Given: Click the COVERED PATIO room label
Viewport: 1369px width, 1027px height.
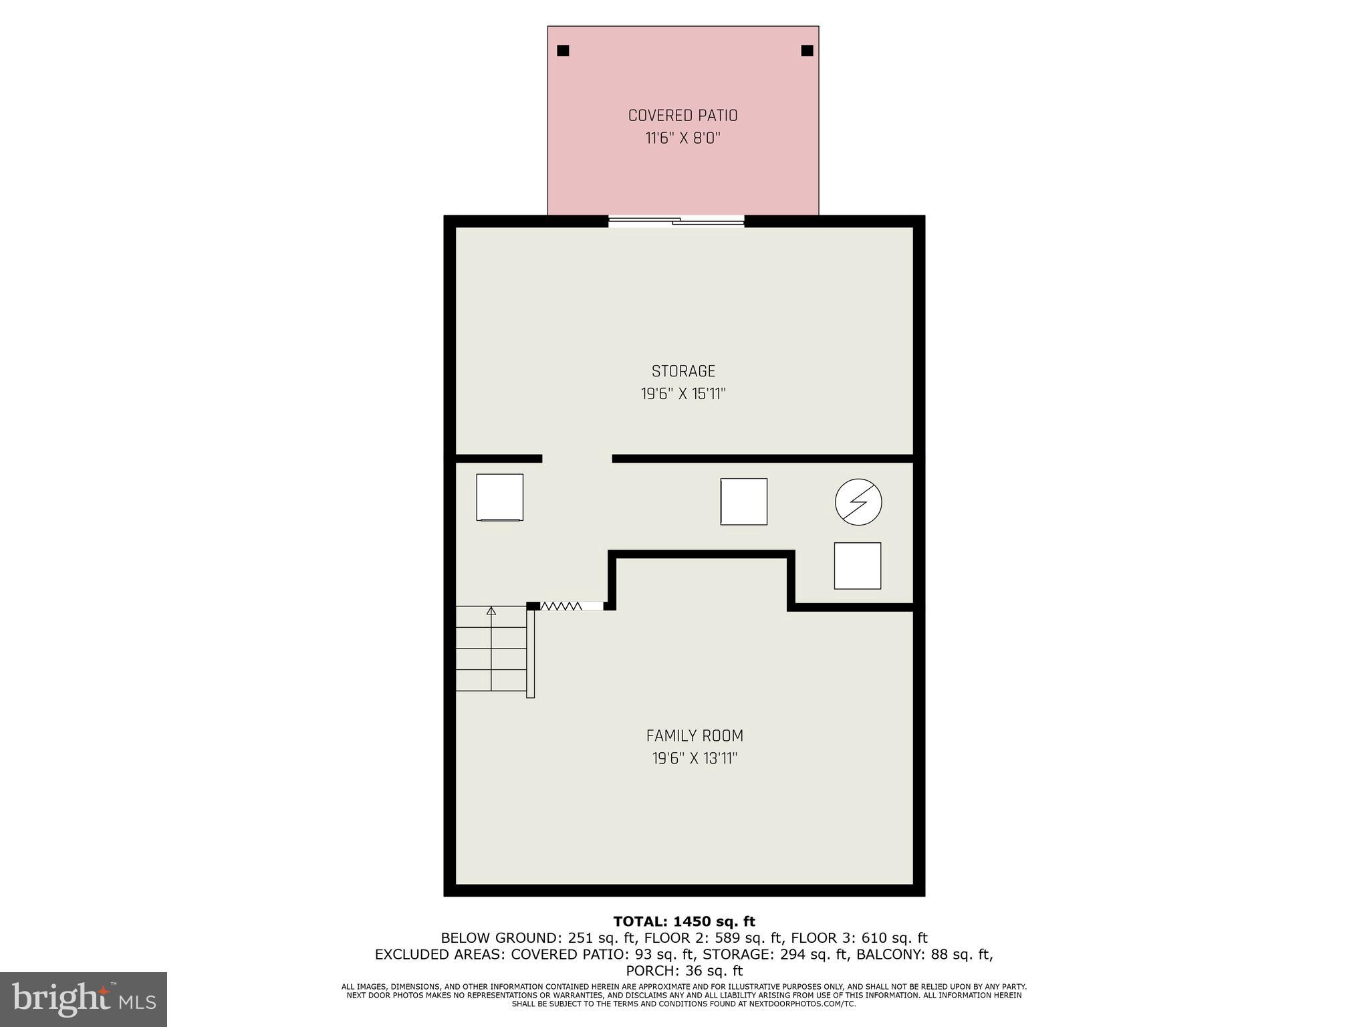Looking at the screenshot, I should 682,116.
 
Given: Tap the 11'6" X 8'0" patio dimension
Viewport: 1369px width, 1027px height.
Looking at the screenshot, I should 682,138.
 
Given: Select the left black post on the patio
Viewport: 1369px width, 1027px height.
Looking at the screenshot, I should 563,50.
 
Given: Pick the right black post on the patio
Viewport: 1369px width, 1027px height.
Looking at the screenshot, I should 807,50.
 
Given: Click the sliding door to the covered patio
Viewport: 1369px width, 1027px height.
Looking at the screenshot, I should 676,221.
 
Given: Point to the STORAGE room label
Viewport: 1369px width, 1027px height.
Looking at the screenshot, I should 683,371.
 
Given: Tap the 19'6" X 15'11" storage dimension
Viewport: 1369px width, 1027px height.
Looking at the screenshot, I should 683,394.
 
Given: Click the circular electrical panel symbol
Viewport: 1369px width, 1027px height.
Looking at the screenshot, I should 858,501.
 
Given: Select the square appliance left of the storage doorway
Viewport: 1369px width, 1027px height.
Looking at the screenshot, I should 499,497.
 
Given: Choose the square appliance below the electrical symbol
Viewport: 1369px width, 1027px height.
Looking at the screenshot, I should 857,566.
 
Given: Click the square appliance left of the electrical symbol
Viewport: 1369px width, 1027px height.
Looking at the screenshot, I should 743,501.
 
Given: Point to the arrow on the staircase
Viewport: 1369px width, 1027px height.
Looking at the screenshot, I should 491,610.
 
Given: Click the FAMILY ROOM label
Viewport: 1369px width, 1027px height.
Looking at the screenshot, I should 695,736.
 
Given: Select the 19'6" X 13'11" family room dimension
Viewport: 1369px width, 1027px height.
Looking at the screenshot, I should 695,759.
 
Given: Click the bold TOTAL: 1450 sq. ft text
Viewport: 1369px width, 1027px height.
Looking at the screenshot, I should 684,922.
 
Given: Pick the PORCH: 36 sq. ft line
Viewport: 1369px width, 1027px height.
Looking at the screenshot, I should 684,971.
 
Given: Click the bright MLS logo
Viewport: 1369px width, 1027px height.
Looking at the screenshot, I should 84,999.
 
